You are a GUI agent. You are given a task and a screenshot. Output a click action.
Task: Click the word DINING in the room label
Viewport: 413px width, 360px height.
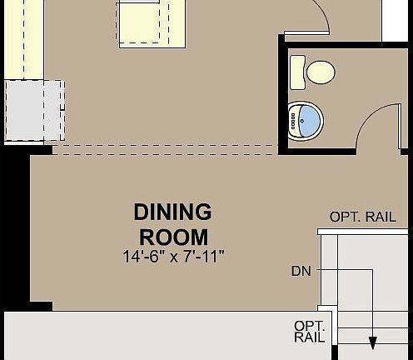(x=173, y=212)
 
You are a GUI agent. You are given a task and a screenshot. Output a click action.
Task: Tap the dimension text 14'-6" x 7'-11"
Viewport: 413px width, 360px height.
(x=173, y=256)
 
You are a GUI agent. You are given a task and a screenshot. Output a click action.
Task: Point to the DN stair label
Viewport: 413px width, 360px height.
(x=301, y=271)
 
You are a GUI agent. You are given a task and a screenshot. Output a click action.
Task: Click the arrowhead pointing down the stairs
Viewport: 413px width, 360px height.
(x=373, y=342)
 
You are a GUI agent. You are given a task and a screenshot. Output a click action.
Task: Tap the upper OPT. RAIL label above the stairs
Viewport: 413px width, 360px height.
(x=362, y=217)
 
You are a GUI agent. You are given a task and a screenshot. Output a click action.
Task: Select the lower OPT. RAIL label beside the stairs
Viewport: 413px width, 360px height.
(x=309, y=331)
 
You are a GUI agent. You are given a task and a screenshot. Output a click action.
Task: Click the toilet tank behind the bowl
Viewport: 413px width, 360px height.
(x=297, y=71)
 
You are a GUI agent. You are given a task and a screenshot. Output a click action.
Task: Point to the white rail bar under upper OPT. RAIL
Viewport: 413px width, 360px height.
(x=365, y=231)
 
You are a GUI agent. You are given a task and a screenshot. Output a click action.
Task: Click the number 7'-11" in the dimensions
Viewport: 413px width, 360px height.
(x=204, y=256)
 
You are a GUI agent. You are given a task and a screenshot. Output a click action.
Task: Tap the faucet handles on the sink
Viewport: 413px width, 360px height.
(x=292, y=121)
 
